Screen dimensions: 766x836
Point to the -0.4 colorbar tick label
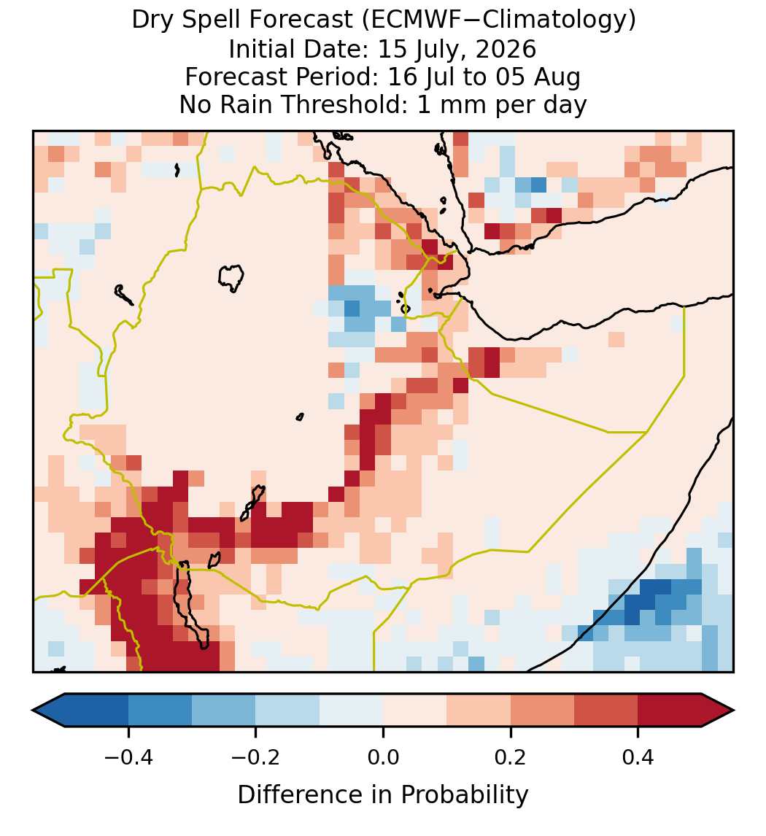coord(128,756)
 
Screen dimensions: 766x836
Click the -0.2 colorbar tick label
coord(255,756)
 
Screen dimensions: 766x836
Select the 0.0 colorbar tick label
coord(383,756)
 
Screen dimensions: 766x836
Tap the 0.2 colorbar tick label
coord(511,756)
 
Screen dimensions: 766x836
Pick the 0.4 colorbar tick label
coord(638,756)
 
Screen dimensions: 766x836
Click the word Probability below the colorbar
coord(464,795)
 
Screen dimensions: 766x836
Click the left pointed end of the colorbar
coord(33,711)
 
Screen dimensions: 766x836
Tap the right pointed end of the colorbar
coord(734,711)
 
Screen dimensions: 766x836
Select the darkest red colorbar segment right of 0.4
coord(670,711)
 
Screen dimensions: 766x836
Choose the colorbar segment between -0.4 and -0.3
coord(160,711)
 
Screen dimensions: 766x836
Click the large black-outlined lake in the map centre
coord(231,278)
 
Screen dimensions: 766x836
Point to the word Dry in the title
coord(152,20)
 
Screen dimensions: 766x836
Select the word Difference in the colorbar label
coord(308,794)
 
